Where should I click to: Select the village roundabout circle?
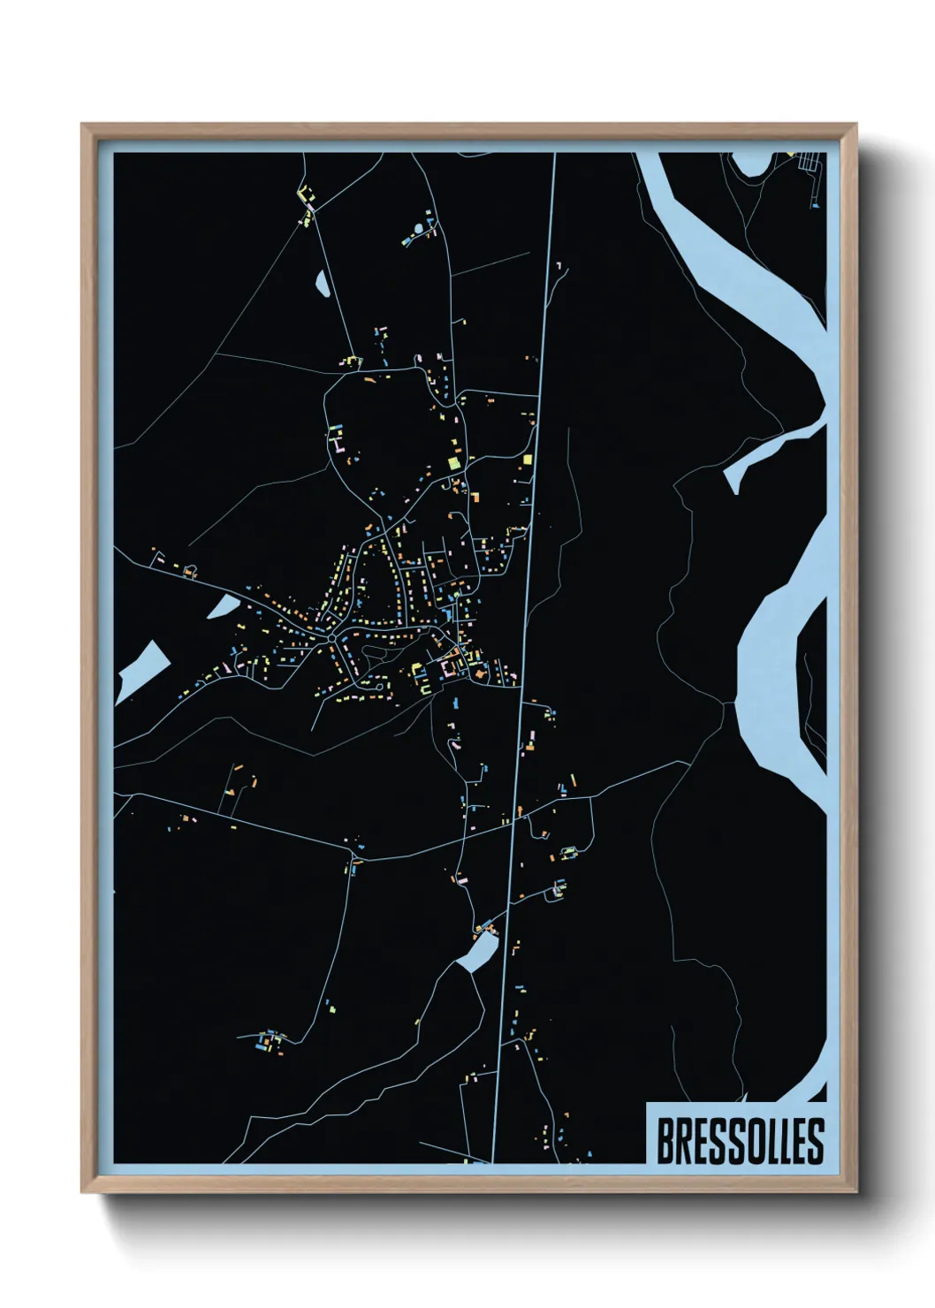[331, 637]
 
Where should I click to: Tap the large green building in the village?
[453, 462]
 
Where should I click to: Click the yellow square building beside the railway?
[528, 460]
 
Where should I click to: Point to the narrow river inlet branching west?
[769, 451]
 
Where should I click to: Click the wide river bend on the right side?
[769, 672]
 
